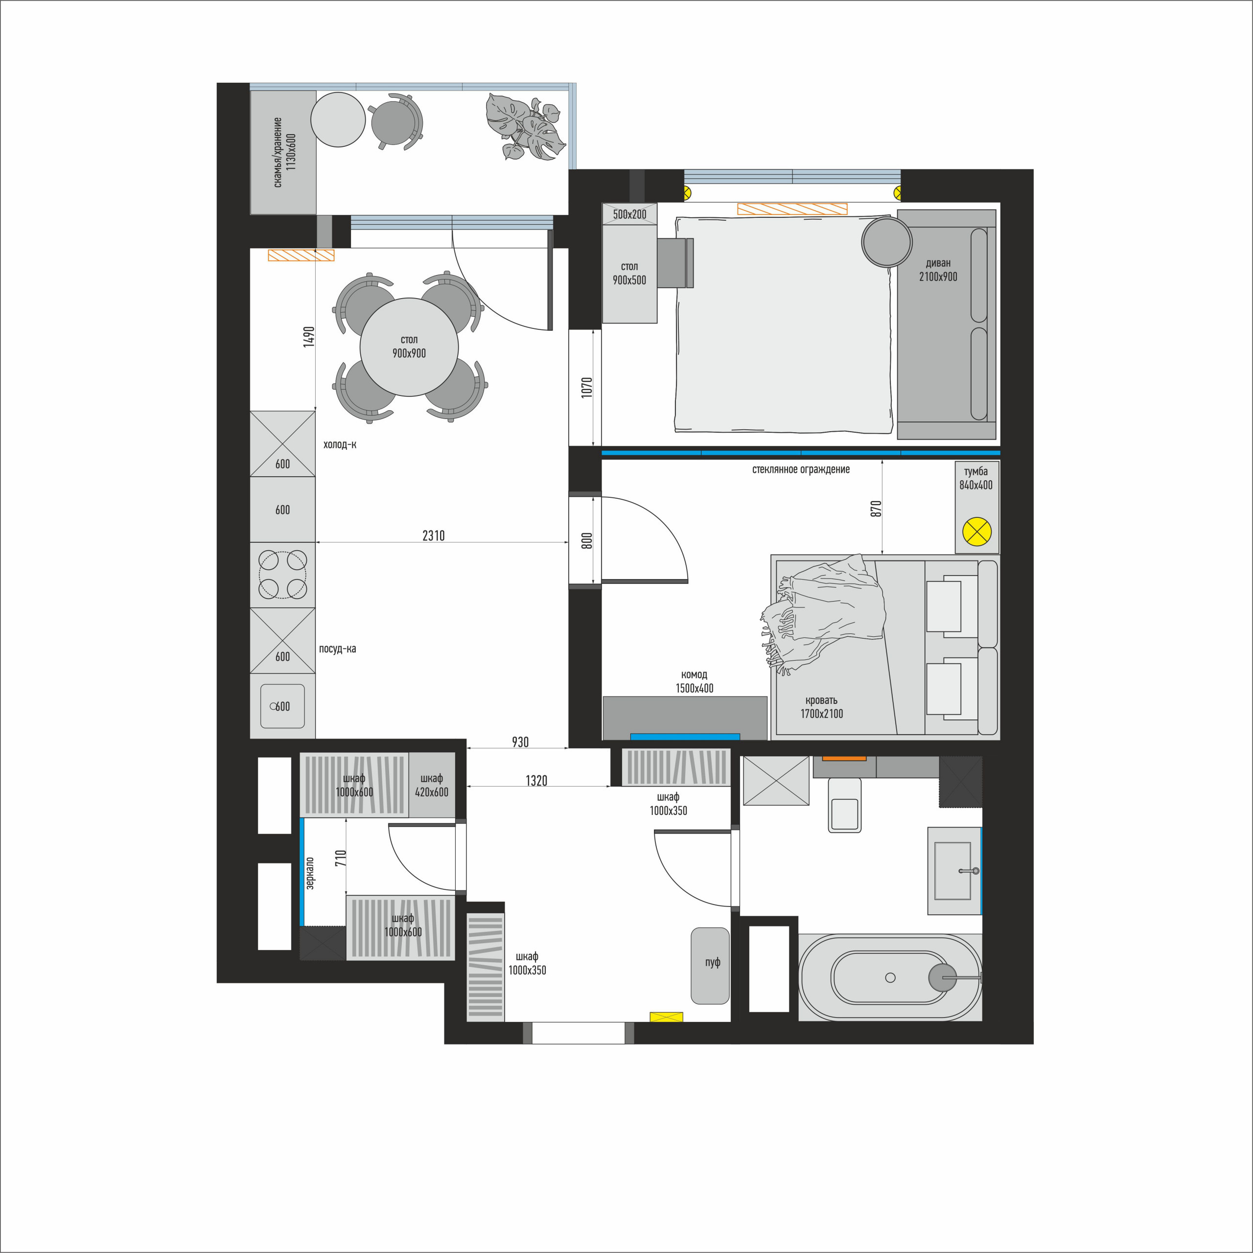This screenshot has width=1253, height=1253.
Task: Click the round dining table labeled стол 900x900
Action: point(409,347)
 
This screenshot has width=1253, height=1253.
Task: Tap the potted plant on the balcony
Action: point(523,127)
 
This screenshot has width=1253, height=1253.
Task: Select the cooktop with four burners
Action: point(283,575)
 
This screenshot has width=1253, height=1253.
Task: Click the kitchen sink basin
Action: point(283,706)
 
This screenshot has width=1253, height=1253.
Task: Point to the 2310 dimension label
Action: point(433,535)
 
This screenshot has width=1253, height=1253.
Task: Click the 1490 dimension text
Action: point(309,337)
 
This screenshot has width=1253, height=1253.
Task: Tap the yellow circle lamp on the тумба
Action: point(977,533)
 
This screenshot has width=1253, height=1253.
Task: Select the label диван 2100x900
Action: point(938,270)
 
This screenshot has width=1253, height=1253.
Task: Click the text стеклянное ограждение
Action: point(801,469)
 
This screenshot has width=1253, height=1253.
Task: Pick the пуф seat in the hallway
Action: point(710,966)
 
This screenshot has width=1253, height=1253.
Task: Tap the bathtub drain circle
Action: point(890,977)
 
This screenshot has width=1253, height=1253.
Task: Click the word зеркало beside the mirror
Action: point(310,873)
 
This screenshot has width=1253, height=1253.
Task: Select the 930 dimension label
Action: point(520,742)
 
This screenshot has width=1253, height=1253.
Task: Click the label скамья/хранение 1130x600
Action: point(284,152)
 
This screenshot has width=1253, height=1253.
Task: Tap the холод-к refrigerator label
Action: point(340,445)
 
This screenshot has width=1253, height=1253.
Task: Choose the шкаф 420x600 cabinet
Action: point(432,785)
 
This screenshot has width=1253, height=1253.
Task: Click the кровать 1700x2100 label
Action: point(822,707)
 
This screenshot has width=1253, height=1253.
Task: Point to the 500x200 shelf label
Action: point(630,214)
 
